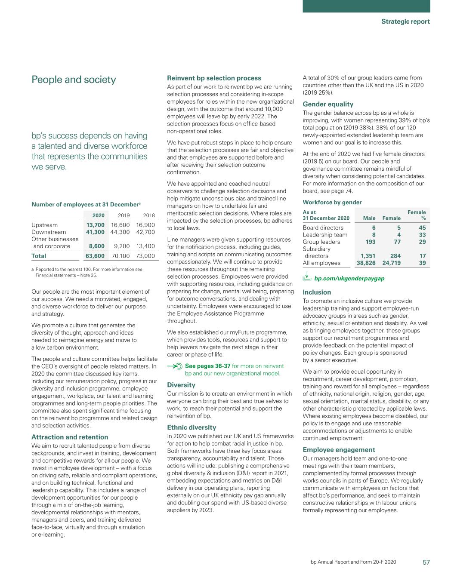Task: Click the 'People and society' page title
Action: (74, 80)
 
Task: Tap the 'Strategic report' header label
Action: (405, 22)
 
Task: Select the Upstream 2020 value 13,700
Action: (96, 225)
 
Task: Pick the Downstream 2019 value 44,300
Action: (120, 232)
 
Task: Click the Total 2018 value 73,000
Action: (145, 256)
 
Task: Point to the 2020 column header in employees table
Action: (99, 215)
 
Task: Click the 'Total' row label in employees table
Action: (39, 256)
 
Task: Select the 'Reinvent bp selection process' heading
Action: (214, 78)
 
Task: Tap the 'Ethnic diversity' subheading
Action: (192, 427)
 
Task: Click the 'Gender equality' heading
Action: (328, 104)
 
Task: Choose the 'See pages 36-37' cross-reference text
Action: (207, 366)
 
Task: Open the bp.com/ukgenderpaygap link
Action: (349, 279)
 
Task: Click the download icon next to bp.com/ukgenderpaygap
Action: (307, 277)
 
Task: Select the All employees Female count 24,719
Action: (391, 263)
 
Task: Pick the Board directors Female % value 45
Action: (422, 228)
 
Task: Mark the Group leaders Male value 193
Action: (370, 242)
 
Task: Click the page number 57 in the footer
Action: (426, 562)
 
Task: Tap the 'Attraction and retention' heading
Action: (70, 437)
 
